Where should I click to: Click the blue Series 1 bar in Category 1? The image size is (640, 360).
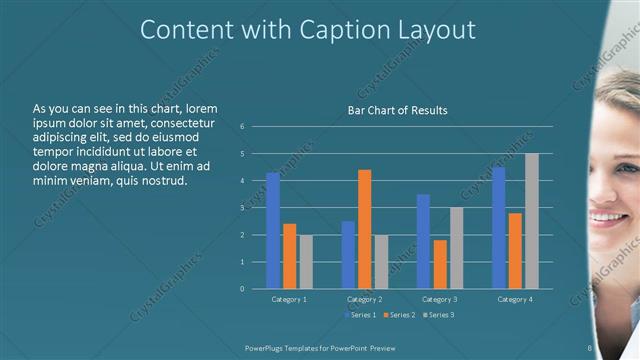pos(273,231)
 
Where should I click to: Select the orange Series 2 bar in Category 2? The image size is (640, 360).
pos(364,229)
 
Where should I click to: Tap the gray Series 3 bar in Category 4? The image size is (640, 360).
pos(531,221)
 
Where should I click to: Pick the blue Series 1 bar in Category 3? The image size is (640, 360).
pos(423,241)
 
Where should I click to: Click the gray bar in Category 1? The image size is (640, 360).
pos(306,262)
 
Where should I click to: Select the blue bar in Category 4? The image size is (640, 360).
pos(498,228)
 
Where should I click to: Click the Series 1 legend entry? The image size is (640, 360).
pos(362,315)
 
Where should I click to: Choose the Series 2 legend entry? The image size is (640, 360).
pos(399,315)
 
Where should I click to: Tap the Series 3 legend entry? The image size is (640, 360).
pos(437,315)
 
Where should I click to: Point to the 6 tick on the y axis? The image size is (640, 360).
pos(242,127)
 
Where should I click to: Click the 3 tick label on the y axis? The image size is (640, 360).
pos(242,208)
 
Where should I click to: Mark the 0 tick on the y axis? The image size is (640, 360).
pos(242,289)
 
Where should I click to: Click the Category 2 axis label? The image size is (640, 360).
pos(364,299)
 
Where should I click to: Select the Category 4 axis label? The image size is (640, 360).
pos(514,299)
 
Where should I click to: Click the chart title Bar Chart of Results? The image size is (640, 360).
pos(397,110)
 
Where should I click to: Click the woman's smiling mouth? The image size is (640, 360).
pos(606,216)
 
